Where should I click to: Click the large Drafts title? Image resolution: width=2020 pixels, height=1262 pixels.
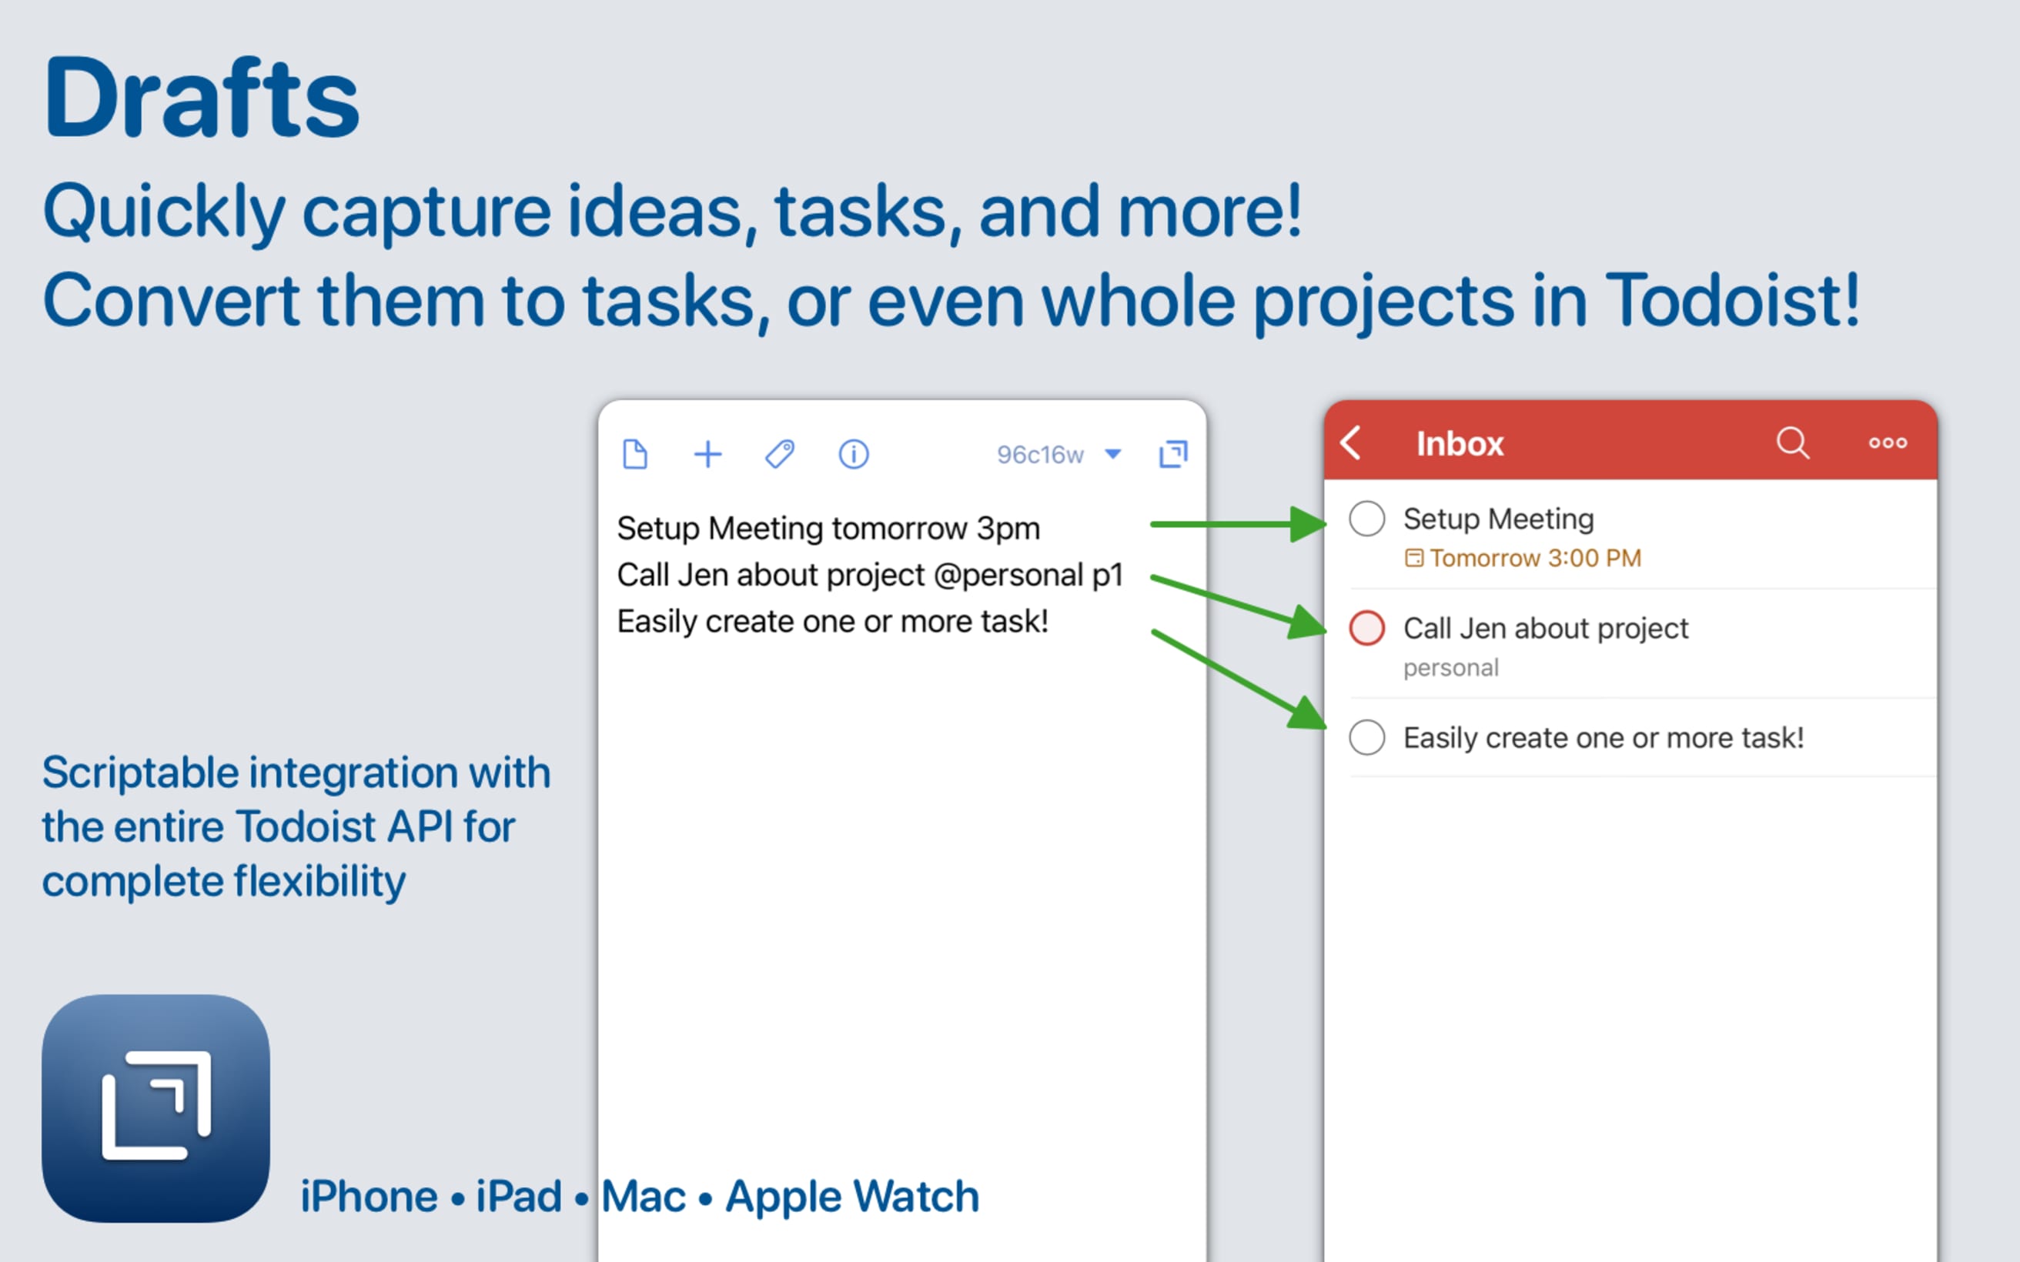tap(201, 98)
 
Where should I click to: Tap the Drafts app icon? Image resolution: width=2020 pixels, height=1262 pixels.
tap(156, 1107)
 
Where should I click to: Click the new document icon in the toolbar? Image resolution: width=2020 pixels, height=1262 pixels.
tap(635, 454)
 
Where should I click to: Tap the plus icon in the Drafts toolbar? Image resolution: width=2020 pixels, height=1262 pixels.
tap(707, 454)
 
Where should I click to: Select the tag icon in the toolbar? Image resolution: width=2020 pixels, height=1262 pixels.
tap(780, 454)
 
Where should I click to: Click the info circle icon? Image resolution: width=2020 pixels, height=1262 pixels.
tap(853, 454)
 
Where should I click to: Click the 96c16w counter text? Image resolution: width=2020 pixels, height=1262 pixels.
tap(1040, 454)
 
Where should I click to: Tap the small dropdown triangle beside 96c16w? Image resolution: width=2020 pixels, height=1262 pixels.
tap(1112, 454)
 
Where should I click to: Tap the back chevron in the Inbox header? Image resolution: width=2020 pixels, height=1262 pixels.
tap(1350, 442)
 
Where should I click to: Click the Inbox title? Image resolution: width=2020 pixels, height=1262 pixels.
tap(1459, 443)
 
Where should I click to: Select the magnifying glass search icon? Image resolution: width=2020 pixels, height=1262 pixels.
tap(1792, 442)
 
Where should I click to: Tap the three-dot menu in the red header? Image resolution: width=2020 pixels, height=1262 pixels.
tap(1888, 442)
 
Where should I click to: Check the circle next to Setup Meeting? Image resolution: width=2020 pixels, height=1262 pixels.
tap(1366, 519)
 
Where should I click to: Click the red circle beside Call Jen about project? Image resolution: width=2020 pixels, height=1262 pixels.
tap(1366, 628)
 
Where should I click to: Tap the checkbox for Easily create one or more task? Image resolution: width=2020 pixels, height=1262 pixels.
tap(1366, 737)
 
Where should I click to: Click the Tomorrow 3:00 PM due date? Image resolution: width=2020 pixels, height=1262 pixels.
tap(1534, 558)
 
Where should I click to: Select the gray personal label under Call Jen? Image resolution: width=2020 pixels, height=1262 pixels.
tap(1451, 668)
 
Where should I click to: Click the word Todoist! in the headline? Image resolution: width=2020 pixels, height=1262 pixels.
tap(1731, 300)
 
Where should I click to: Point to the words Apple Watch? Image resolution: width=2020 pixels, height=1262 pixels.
tap(851, 1196)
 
